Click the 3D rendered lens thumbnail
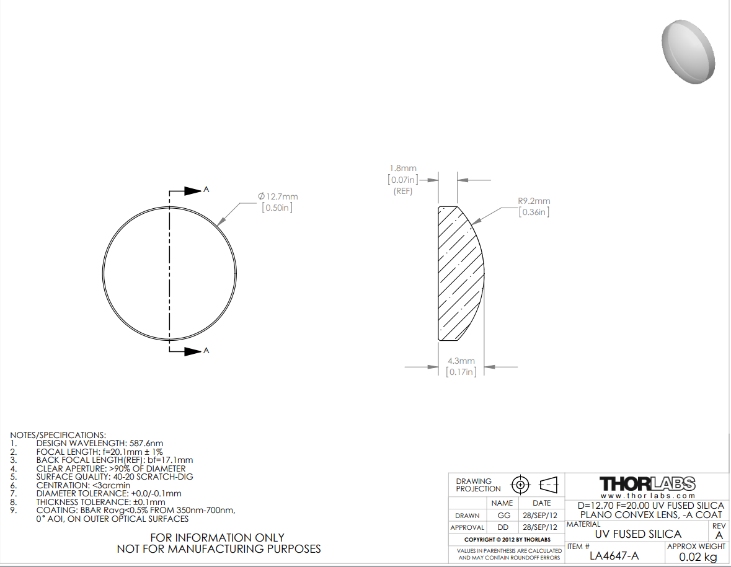click(688, 51)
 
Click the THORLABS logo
click(647, 483)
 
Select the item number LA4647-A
click(614, 556)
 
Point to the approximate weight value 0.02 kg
click(698, 556)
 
